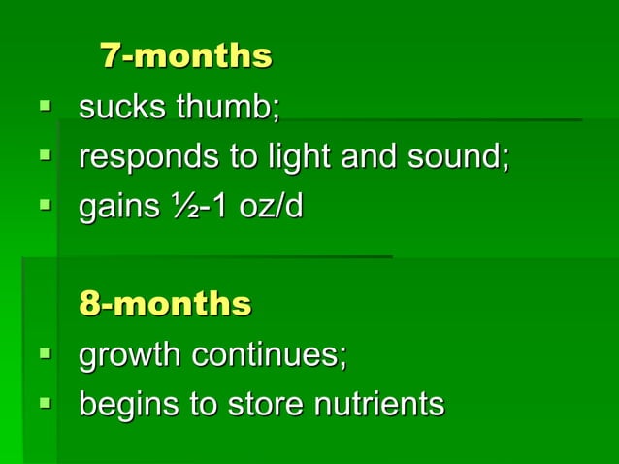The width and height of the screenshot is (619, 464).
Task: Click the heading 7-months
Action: [186, 56]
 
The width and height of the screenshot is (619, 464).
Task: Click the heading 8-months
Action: [165, 304]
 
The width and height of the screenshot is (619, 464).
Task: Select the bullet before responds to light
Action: [45, 153]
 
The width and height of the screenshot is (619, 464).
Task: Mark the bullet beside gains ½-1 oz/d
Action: [45, 204]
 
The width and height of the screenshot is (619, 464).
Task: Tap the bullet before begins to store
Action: [45, 401]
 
